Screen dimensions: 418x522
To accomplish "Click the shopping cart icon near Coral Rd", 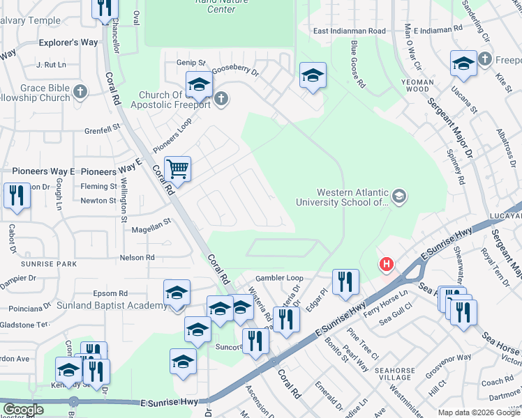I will pyautogui.click(x=178, y=169).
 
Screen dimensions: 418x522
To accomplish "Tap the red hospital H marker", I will pyautogui.click(x=385, y=265).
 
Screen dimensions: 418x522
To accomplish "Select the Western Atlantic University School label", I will pyautogui.click(x=352, y=197).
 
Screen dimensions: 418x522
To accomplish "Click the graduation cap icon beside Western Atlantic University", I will pyautogui.click(x=399, y=197).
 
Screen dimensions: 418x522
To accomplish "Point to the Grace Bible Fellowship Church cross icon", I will pyautogui.click(x=81, y=91).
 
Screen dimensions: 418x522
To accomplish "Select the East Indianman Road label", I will pyautogui.click(x=349, y=31).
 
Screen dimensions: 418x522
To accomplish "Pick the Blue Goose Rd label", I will pyautogui.click(x=357, y=63).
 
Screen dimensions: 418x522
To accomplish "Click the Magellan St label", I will pyautogui.click(x=148, y=223).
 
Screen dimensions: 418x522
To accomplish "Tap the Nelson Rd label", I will pyautogui.click(x=137, y=257).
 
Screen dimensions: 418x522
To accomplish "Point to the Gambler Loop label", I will pyautogui.click(x=279, y=277).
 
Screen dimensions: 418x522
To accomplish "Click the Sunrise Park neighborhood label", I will pyautogui.click(x=49, y=265).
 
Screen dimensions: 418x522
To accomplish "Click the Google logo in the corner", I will pyautogui.click(x=23, y=410).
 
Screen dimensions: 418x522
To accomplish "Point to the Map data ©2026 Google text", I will pyautogui.click(x=478, y=412).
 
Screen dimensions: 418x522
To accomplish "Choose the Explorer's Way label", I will pyautogui.click(x=68, y=42).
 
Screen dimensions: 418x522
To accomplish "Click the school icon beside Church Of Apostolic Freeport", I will pyautogui.click(x=199, y=85).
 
